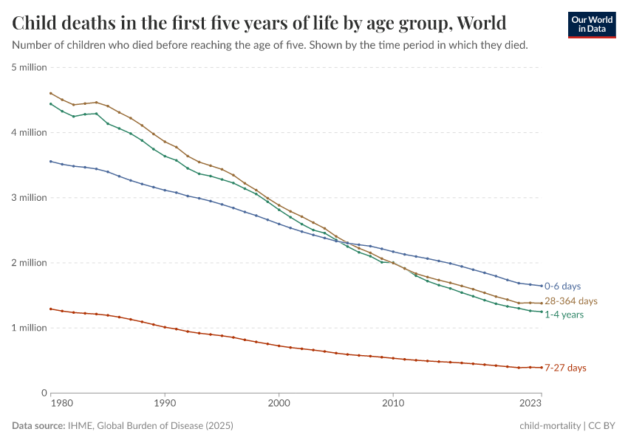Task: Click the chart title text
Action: coord(259,23)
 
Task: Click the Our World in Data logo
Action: coord(592,24)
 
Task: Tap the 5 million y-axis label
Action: coord(30,67)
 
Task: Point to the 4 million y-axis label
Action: coord(30,132)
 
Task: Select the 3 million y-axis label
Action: coord(30,197)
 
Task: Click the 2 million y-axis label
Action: coord(30,262)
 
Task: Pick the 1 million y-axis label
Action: coord(30,327)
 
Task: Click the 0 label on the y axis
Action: coord(44,392)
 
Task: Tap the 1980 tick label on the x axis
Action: coord(62,404)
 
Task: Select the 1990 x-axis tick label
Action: coord(165,404)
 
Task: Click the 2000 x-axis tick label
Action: coord(279,404)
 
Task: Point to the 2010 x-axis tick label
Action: coord(393,404)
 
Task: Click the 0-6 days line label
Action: coord(563,286)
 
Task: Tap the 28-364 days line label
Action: coord(570,301)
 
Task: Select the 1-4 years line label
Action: coord(564,315)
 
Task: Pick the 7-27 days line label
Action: coord(565,368)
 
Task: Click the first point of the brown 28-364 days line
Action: coord(50,93)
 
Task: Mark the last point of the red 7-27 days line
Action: coord(541,367)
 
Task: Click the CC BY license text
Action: coord(603,426)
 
